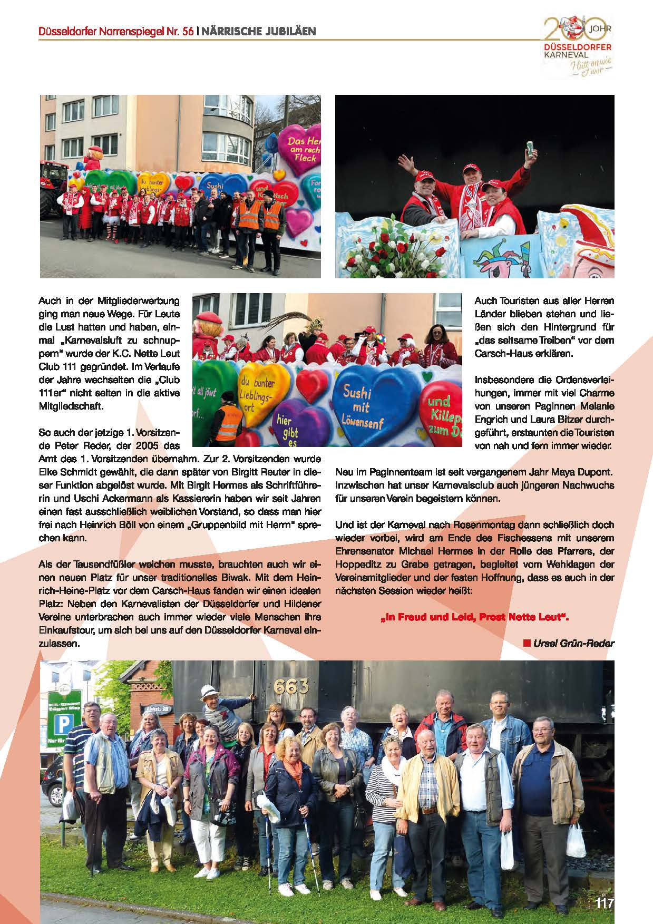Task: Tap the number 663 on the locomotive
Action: [x=291, y=686]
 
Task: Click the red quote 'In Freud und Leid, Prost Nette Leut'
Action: [x=475, y=617]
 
